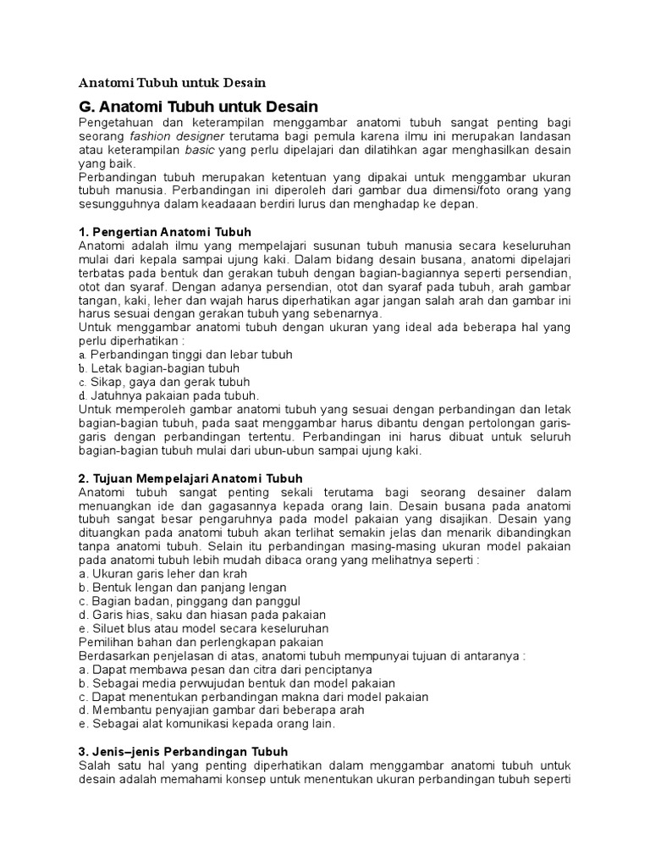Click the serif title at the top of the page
click(x=172, y=83)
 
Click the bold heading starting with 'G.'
click(x=198, y=107)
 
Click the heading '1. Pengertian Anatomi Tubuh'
click(x=164, y=231)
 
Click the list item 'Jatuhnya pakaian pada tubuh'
click(x=174, y=395)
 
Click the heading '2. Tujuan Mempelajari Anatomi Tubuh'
click(x=190, y=478)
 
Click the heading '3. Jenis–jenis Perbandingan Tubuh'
click(x=183, y=752)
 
